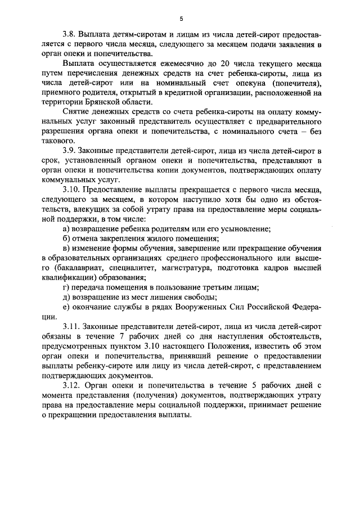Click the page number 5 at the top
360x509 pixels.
(181, 18)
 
